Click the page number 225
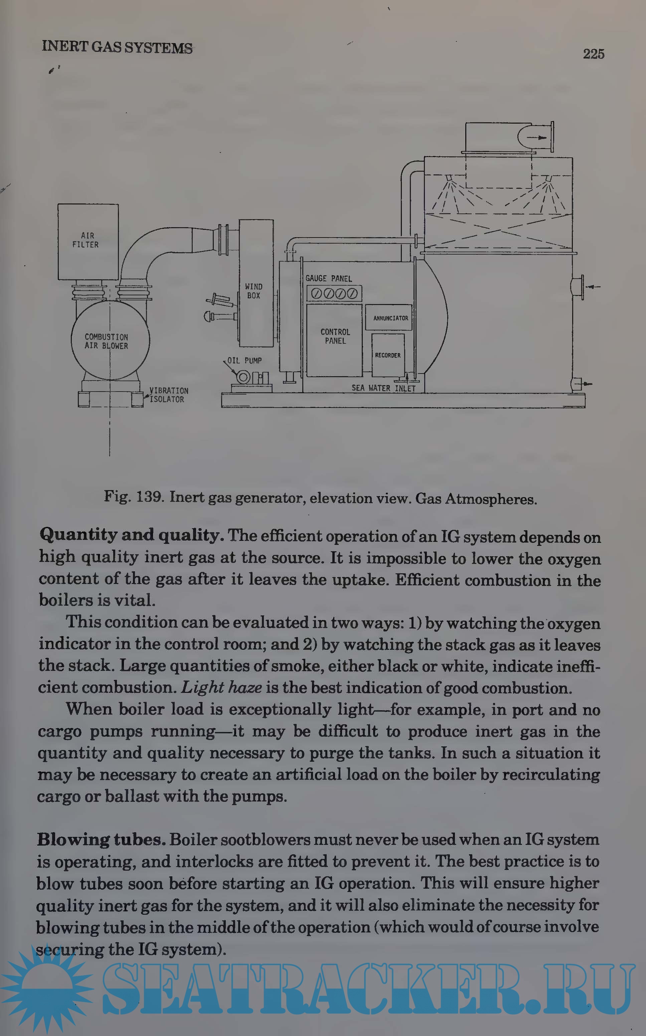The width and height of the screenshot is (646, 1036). tap(594, 54)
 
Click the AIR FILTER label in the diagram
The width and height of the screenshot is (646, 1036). tap(86, 240)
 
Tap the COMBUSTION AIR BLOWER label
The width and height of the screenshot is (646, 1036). tap(106, 341)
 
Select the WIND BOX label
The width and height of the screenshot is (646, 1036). tap(254, 291)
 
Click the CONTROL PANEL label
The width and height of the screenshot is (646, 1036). tap(335, 336)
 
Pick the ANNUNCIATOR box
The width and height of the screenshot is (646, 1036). tap(389, 317)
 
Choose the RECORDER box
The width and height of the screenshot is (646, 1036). tap(388, 355)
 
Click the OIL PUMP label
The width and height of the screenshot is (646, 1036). tap(245, 360)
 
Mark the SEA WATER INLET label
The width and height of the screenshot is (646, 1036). tap(383, 388)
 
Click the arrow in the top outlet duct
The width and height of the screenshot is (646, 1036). tap(537, 138)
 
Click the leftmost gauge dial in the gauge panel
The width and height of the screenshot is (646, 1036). tap(317, 294)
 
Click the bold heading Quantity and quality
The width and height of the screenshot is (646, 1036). tap(132, 535)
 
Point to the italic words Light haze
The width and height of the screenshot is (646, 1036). tap(221, 688)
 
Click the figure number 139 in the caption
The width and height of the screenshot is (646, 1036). tap(150, 497)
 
